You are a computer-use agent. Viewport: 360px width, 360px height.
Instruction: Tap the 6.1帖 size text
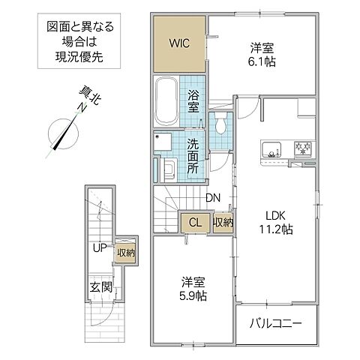(x=264, y=61)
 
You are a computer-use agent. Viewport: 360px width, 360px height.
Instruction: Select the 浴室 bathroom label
(x=194, y=102)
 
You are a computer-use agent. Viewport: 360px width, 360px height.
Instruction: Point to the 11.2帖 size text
(x=275, y=229)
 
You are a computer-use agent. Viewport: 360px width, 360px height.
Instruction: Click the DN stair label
(x=213, y=198)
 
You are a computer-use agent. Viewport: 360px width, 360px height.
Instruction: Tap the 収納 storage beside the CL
(x=222, y=222)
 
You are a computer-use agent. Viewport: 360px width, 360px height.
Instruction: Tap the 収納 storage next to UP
(x=125, y=253)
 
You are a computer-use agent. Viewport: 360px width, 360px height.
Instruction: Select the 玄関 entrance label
(x=101, y=287)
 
